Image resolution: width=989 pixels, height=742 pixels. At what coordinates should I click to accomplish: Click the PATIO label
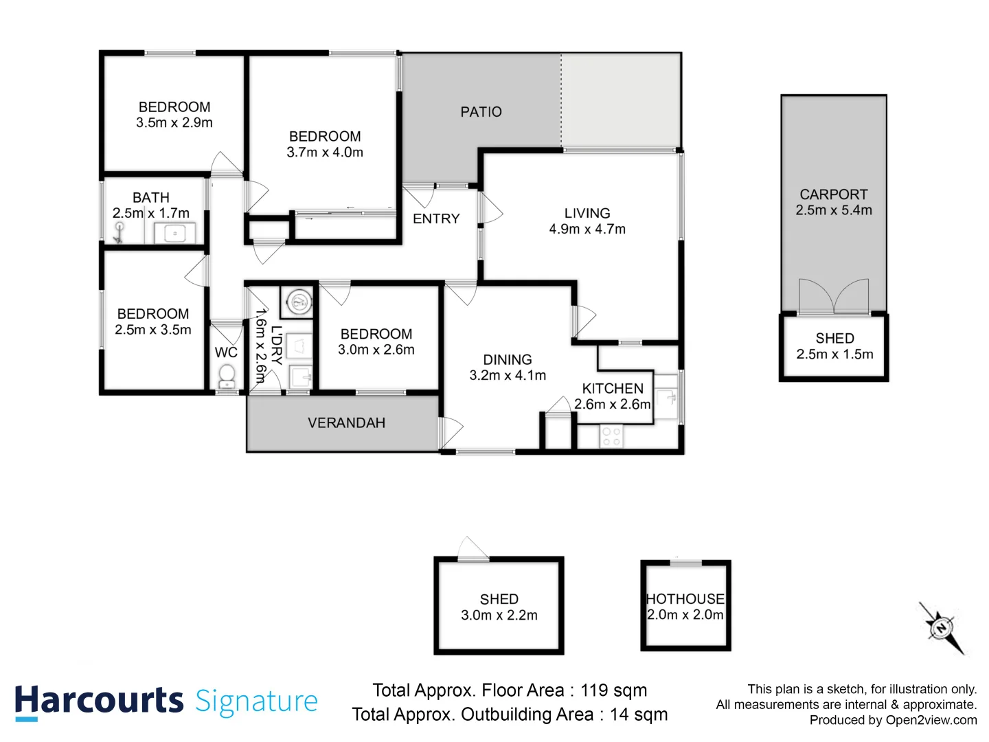click(481, 112)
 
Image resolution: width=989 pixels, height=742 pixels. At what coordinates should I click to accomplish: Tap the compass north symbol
click(942, 627)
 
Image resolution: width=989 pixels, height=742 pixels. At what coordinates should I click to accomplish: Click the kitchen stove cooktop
click(611, 436)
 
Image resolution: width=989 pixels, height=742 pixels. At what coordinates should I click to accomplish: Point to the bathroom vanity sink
click(175, 234)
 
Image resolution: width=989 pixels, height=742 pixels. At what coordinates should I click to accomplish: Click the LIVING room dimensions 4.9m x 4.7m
click(587, 229)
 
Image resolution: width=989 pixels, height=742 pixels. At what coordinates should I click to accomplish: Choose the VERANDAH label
click(346, 423)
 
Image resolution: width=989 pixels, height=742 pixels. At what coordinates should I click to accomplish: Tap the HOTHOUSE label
click(685, 598)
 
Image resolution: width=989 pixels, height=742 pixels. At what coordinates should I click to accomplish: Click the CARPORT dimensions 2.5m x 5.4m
click(834, 210)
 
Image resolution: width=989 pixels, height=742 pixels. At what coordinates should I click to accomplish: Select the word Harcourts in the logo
click(99, 702)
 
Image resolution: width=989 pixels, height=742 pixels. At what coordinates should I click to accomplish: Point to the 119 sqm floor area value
click(613, 690)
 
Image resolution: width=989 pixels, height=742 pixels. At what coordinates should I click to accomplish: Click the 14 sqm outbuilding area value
click(639, 715)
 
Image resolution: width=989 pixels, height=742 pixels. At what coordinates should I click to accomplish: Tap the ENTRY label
click(436, 219)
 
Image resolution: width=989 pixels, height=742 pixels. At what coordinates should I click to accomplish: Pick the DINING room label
click(508, 359)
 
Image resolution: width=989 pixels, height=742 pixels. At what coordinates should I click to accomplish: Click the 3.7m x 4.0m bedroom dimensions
click(325, 153)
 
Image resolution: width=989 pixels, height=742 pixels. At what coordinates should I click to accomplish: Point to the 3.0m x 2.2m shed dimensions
click(499, 615)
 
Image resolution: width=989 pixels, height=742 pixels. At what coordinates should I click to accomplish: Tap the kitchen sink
click(666, 397)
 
